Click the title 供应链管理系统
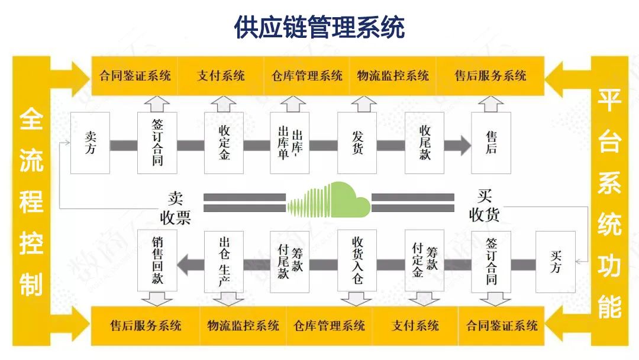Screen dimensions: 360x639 tap(319, 28)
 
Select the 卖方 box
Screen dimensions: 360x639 tap(90, 143)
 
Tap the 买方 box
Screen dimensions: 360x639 tap(555, 262)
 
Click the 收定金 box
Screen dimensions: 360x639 tap(224, 143)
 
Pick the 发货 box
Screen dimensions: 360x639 tap(357, 143)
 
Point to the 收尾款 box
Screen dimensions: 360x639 tap(424, 143)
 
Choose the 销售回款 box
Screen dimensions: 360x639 tap(157, 262)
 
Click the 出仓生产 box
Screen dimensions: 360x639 tap(224, 262)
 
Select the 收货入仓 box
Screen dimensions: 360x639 tap(357, 262)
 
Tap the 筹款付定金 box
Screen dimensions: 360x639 tap(424, 262)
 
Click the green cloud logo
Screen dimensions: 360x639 tap(329, 200)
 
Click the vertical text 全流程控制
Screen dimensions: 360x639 tap(31, 202)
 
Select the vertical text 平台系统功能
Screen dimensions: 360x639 tap(608, 202)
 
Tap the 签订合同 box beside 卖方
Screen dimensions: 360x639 tap(157, 143)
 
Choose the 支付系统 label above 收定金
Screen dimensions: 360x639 tap(221, 76)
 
